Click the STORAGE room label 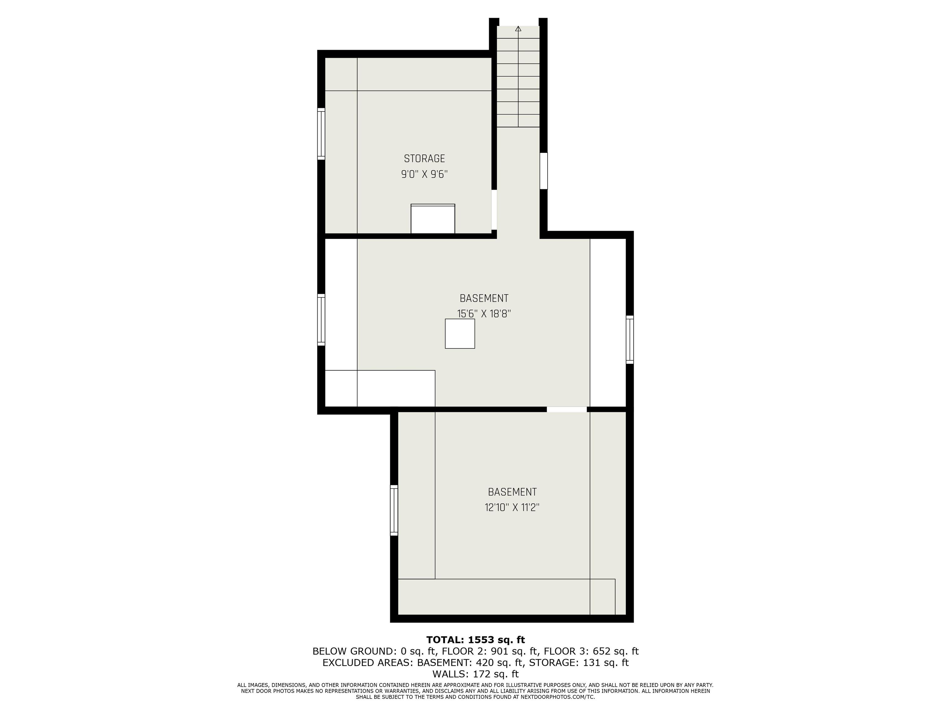[424, 158]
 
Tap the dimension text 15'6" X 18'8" [484, 314]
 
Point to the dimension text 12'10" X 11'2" [512, 508]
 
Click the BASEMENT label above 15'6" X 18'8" [484, 298]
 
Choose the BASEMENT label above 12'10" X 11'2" [512, 492]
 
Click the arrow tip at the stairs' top [518, 27]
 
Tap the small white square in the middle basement [460, 334]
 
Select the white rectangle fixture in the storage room [433, 219]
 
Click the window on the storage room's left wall [321, 134]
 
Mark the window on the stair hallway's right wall [544, 171]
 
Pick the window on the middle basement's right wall [630, 339]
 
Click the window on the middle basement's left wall [321, 320]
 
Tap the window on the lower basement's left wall [394, 510]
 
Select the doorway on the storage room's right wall [494, 210]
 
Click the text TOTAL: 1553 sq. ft [475, 640]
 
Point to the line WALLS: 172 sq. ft [475, 674]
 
